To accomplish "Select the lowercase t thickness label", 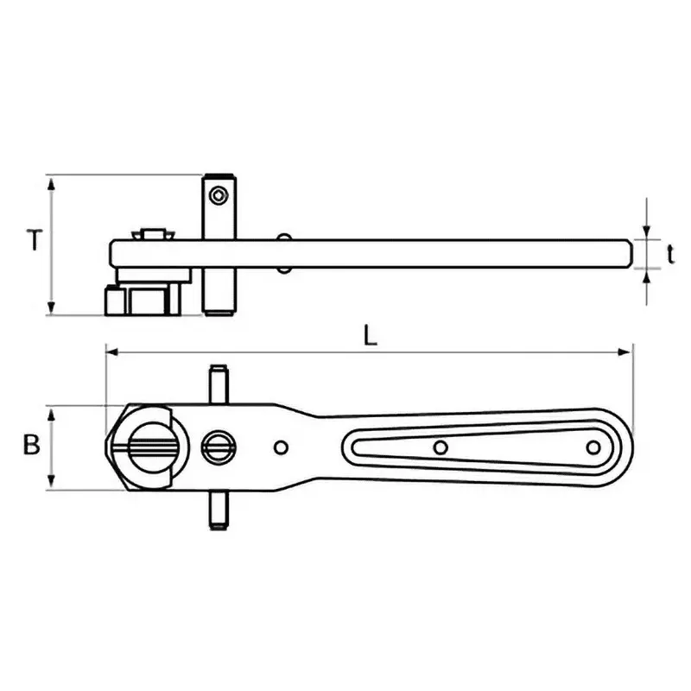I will (670, 252).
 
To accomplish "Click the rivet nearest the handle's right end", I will (593, 447).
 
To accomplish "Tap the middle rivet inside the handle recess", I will (441, 447).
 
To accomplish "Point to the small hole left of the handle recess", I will (280, 447).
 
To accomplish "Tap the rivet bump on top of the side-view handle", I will (283, 237).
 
